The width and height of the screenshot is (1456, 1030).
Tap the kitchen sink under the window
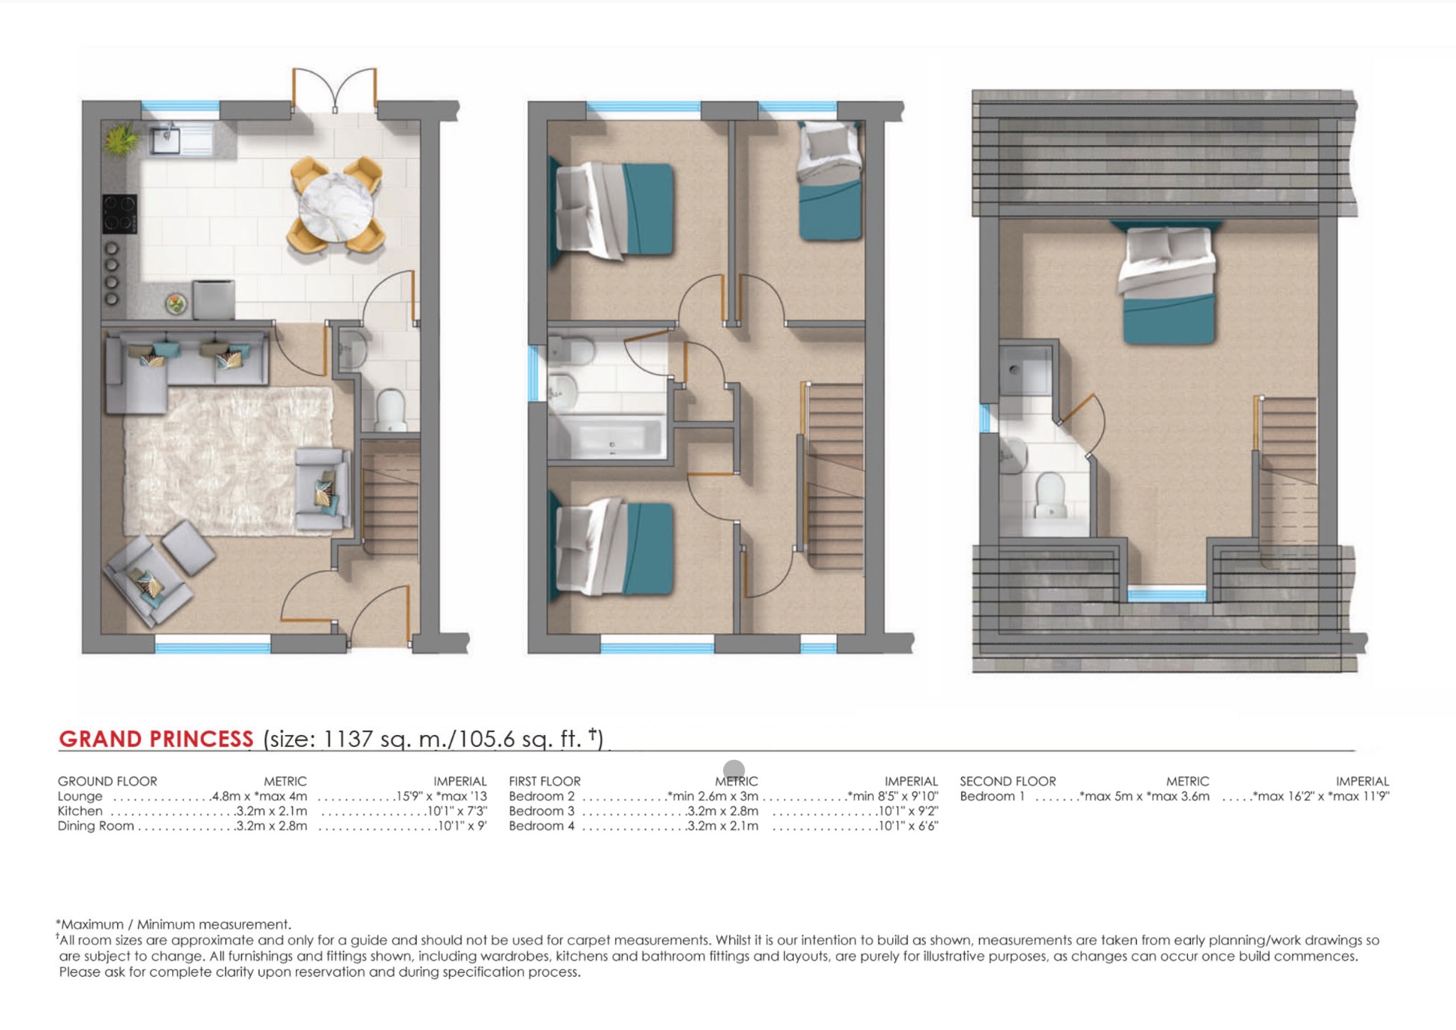(x=166, y=139)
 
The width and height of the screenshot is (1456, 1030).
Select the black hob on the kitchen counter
(x=119, y=213)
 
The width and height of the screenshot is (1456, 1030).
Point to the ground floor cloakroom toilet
(x=390, y=411)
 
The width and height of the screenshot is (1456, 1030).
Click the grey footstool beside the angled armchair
(x=188, y=547)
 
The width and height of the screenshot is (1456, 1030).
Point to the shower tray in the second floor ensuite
(x=1024, y=370)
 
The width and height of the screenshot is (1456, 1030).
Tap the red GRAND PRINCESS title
(x=156, y=739)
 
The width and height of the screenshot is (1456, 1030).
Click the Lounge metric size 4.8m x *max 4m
(x=259, y=797)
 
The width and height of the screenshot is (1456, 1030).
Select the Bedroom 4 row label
(x=541, y=826)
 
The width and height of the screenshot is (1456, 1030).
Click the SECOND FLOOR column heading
(x=1007, y=781)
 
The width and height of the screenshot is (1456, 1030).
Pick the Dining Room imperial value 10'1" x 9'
(x=462, y=826)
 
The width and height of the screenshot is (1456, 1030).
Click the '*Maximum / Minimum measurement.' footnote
(x=174, y=925)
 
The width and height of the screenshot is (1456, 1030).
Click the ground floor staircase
(x=390, y=498)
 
